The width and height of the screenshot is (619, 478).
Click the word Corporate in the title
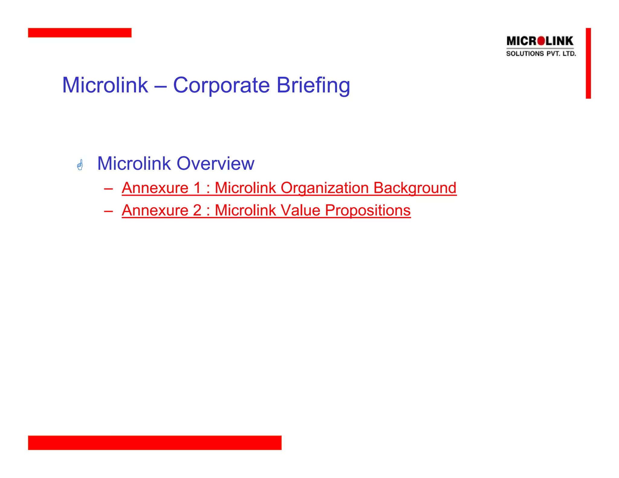(221, 85)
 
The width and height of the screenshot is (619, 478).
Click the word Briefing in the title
(313, 86)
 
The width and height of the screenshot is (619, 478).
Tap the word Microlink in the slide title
(105, 85)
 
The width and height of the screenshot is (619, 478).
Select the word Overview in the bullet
(215, 163)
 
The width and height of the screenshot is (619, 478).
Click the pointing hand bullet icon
(80, 165)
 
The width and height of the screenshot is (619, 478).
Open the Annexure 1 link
(289, 188)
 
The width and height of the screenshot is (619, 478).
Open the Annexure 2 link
(266, 210)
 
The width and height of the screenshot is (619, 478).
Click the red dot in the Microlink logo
(541, 41)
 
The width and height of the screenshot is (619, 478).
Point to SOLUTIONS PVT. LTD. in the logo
(541, 54)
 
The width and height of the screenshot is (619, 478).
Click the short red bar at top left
(79, 33)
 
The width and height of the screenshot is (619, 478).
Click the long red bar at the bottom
(154, 442)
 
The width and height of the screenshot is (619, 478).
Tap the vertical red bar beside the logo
(588, 63)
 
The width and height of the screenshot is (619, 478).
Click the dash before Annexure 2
(108, 211)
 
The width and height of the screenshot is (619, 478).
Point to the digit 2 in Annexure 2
(197, 210)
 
